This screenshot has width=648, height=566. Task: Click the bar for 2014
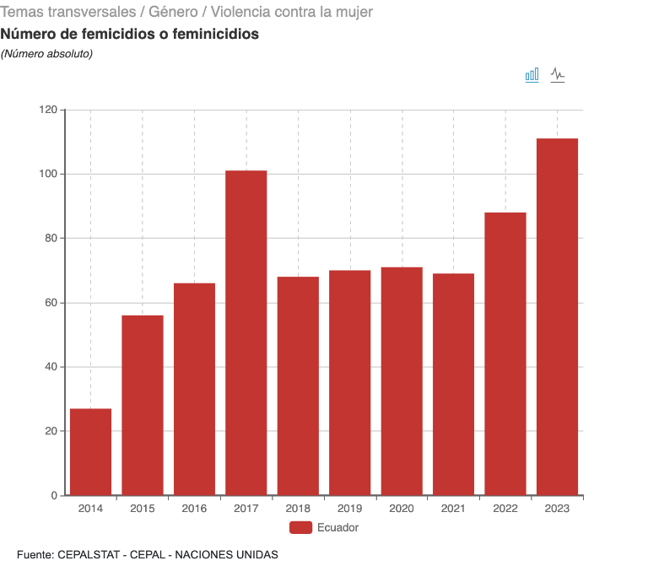click(90, 452)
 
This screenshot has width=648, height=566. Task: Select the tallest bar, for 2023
click(557, 316)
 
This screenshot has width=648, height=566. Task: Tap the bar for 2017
click(246, 332)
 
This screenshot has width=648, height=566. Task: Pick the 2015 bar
click(143, 405)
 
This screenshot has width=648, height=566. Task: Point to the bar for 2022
click(505, 353)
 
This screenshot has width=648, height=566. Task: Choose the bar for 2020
click(402, 380)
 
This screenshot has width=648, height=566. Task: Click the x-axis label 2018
click(298, 509)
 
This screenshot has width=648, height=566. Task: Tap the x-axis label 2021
click(453, 509)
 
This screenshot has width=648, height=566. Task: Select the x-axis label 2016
click(194, 509)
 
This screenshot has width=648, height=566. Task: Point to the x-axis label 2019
click(349, 509)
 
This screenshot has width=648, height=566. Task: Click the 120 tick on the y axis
click(48, 110)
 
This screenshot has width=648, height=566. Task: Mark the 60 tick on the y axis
click(51, 303)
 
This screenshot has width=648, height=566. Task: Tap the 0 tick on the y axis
click(54, 495)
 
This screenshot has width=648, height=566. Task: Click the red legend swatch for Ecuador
click(300, 528)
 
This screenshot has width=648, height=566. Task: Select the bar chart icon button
click(532, 75)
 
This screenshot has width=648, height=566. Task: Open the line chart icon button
click(558, 75)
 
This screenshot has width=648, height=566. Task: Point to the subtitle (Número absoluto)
click(46, 54)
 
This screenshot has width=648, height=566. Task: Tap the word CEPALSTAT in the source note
click(89, 554)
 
